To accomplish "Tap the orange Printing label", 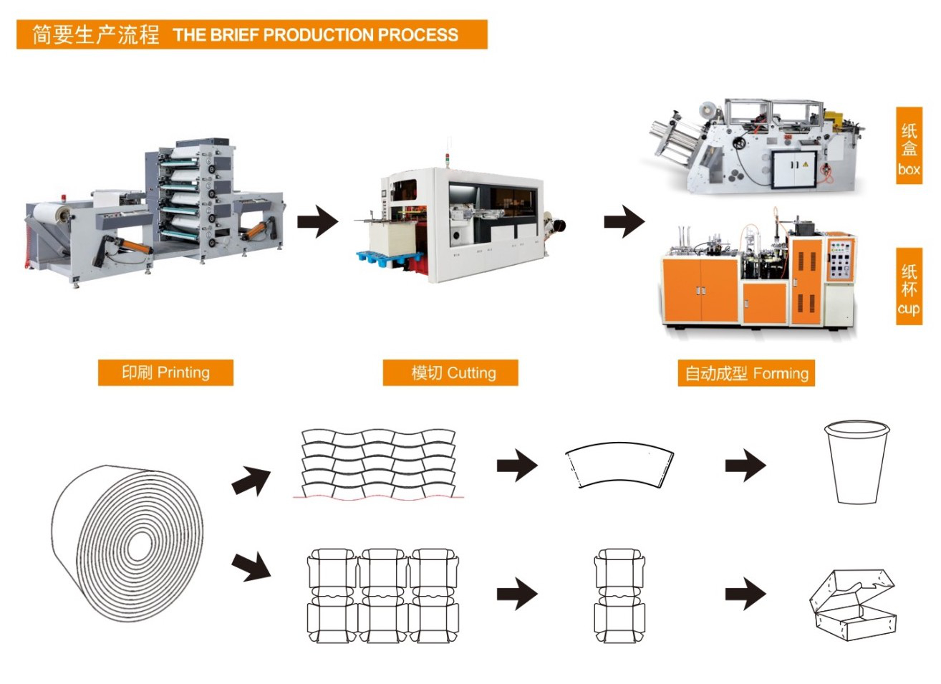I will (165, 372).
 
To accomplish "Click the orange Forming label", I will (746, 373).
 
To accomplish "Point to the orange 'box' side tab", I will (909, 146).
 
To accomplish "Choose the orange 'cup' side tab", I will (909, 286).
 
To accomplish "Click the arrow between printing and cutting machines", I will (317, 221).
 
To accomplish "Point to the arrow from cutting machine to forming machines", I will (624, 221).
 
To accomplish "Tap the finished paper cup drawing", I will (856, 462).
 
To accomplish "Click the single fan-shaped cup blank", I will (619, 465).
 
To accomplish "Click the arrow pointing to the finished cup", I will (745, 466).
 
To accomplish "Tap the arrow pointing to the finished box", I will (745, 594).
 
